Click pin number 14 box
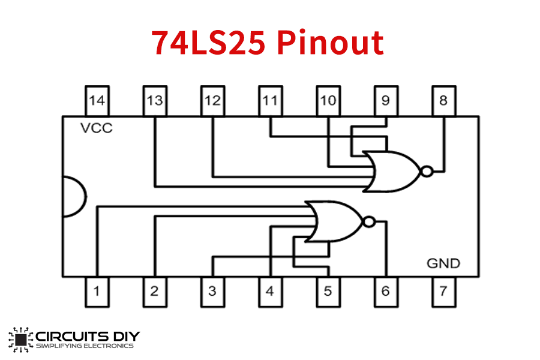(97, 101)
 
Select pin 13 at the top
(155, 101)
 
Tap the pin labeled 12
(212, 101)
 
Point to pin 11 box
(270, 101)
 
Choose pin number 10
(328, 101)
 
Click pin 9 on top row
(385, 101)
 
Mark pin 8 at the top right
(443, 101)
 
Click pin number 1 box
(97, 292)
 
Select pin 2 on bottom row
(155, 292)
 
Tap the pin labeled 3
(212, 292)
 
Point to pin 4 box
(270, 292)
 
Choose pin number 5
(328, 292)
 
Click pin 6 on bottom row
(385, 292)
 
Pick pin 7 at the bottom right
(443, 292)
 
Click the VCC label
(96, 128)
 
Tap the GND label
(443, 263)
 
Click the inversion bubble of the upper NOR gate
(427, 172)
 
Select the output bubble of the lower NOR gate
(369, 222)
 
